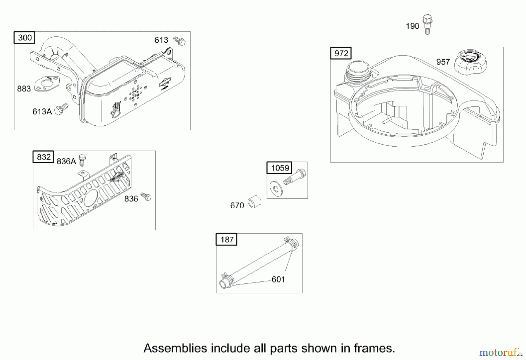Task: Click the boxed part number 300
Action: click(25, 38)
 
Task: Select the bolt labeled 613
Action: click(180, 41)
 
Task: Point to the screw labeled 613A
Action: click(62, 109)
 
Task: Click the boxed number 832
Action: click(43, 157)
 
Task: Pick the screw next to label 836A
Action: click(82, 160)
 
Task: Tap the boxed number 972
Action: click(341, 53)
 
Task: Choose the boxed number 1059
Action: click(280, 168)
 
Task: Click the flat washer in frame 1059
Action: click(276, 188)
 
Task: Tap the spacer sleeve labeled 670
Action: click(254, 202)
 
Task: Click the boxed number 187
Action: click(226, 240)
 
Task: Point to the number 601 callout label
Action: click(278, 280)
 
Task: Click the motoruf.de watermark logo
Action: click(501, 353)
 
